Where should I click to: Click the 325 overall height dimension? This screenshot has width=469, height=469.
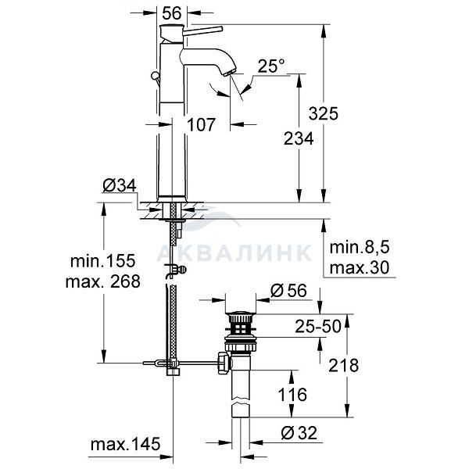[324, 113]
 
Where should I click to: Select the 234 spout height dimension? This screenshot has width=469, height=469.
[299, 139]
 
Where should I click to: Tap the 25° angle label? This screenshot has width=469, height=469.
[271, 66]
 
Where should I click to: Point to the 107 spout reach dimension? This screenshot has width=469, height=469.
[201, 124]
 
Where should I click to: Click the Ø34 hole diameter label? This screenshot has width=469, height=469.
[120, 185]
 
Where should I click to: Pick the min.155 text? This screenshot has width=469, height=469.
[103, 261]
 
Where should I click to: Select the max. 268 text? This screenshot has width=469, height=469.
[103, 281]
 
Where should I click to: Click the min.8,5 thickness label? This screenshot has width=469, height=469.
[360, 248]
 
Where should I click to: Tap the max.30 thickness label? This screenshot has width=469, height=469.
[360, 267]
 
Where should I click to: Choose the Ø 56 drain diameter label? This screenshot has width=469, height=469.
[288, 291]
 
